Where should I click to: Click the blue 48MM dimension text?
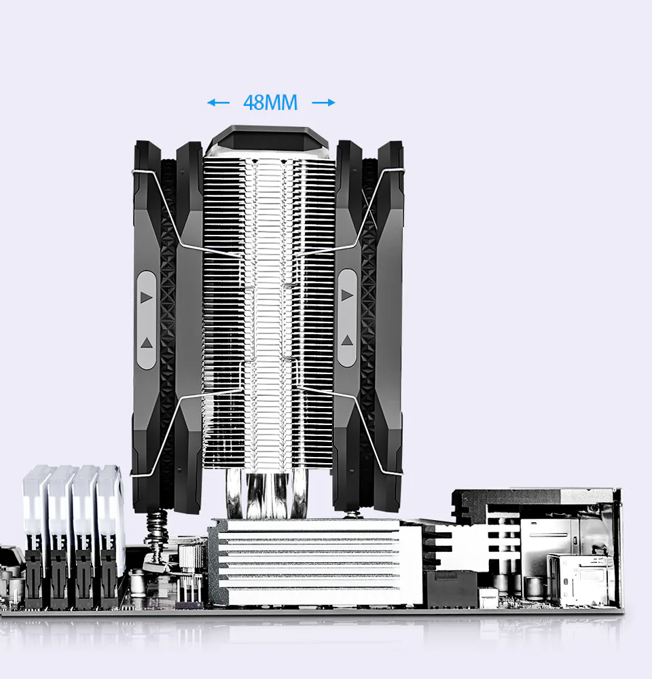[x=270, y=103]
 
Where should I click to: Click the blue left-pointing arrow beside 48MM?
[x=218, y=103]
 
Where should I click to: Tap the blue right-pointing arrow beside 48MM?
[x=323, y=103]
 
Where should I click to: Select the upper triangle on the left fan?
[x=147, y=297]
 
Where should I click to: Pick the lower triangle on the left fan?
[x=147, y=344]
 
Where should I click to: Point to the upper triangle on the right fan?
[x=347, y=295]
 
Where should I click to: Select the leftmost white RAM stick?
[x=35, y=511]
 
